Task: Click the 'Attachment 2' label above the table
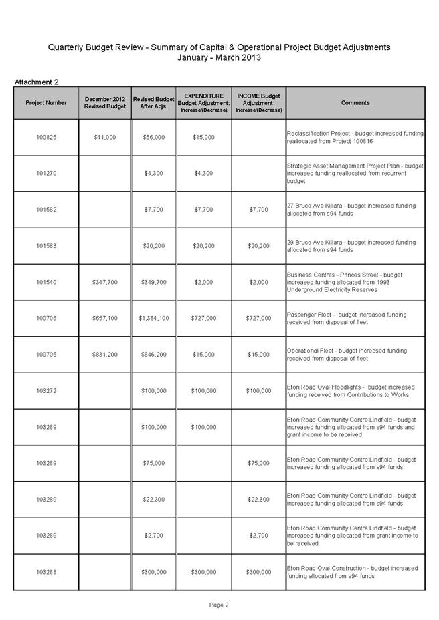click(37, 82)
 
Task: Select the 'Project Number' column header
click(46, 103)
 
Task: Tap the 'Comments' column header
click(355, 103)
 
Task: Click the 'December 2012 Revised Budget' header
click(105, 103)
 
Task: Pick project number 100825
click(46, 137)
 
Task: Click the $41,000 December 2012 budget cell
click(105, 137)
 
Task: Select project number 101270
click(46, 174)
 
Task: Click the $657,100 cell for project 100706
click(105, 318)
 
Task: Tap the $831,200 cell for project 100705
click(105, 354)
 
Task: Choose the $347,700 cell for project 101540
click(105, 282)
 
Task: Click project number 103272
click(46, 391)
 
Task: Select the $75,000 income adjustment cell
click(258, 463)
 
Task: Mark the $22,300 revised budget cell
click(154, 499)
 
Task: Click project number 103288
click(46, 572)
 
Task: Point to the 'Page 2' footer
click(219, 605)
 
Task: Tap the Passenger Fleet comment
click(347, 318)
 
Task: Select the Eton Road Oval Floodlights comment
click(351, 391)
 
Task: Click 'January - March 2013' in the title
click(219, 57)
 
